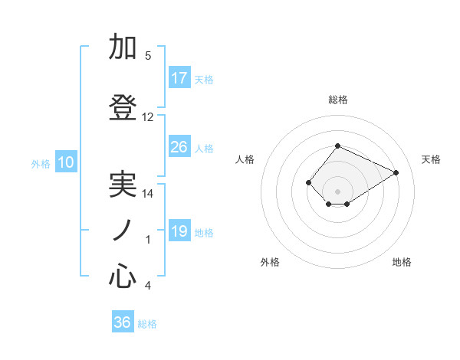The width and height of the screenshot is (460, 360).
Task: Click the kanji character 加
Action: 123,47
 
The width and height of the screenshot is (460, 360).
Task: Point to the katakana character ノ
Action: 123,230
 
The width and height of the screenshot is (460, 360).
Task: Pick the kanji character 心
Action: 123,277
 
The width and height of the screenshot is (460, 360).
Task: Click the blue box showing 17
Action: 179,78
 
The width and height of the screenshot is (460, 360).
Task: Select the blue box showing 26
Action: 179,147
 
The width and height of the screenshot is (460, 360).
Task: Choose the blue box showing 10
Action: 66,162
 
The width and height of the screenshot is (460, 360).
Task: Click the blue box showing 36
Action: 123,322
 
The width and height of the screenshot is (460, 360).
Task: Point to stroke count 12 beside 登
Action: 148,117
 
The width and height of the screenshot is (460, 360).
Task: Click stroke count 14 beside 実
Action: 148,194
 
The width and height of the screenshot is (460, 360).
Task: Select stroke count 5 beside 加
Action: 148,56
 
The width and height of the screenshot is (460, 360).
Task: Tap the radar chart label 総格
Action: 337,100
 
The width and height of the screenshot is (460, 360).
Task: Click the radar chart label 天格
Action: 431,159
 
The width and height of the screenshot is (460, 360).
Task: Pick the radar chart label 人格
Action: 245,159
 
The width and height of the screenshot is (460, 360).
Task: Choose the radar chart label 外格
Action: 270,262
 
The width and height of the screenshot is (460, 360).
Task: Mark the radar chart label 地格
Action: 402,262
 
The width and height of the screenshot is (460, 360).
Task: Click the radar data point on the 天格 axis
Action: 396,172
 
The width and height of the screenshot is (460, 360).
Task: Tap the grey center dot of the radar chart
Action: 337,191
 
